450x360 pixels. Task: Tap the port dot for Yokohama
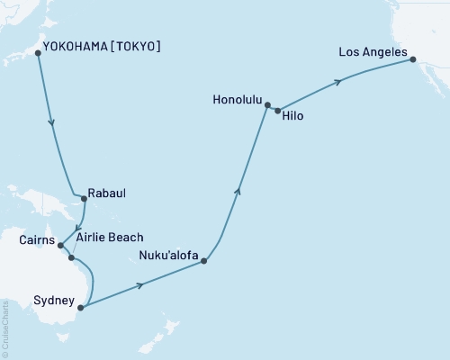pyautogui.click(x=38, y=53)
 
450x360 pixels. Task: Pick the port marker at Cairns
pyautogui.click(x=60, y=245)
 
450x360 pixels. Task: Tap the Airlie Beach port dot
pyautogui.click(x=72, y=258)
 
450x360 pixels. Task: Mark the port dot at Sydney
pyautogui.click(x=80, y=308)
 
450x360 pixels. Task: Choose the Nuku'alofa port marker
pyautogui.click(x=205, y=261)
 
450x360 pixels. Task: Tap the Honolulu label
pyautogui.click(x=239, y=99)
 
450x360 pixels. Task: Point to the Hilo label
pyautogui.click(x=293, y=117)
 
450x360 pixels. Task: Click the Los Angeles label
pyautogui.click(x=373, y=53)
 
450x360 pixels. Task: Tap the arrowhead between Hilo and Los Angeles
pyautogui.click(x=338, y=82)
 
